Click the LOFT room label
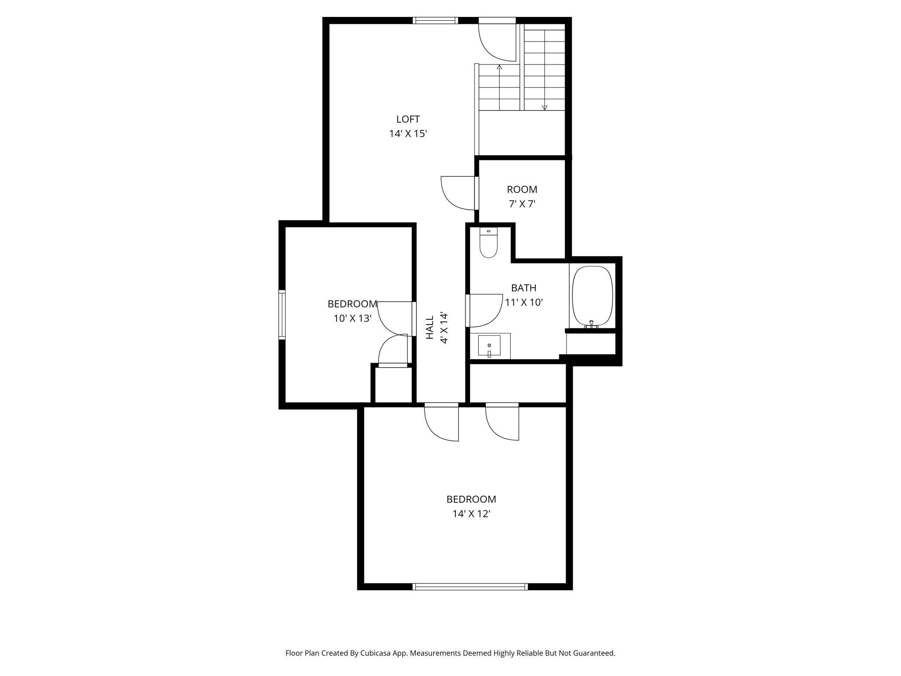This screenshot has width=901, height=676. point(408,119)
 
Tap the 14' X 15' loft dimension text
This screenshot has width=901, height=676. point(408,133)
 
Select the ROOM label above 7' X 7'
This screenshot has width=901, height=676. point(522,189)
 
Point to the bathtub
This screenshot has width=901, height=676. point(593,296)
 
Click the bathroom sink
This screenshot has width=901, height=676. point(489,346)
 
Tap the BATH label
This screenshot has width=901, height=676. point(524,288)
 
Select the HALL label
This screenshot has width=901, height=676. point(430,327)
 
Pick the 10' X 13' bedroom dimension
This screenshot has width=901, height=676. point(353,318)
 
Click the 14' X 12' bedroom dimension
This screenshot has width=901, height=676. point(471,514)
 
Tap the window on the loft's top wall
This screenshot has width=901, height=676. point(435,20)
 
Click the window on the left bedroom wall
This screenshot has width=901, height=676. point(282,315)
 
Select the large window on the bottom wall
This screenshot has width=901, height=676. point(470,587)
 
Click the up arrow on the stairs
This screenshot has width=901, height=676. point(499,87)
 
